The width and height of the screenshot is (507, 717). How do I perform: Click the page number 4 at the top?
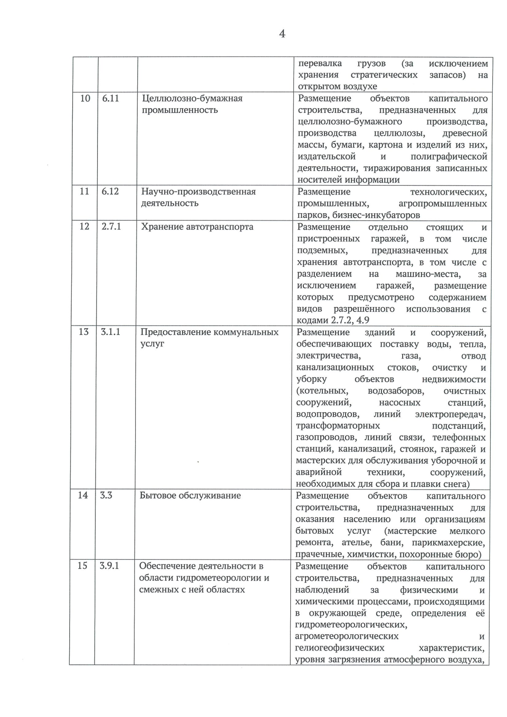282,34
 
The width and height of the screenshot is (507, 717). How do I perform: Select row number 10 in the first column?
85,98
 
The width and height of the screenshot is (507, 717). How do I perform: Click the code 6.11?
111,98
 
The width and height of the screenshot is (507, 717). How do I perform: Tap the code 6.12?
110,191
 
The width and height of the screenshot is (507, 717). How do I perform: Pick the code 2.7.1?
112,226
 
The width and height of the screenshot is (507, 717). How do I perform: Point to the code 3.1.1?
110,332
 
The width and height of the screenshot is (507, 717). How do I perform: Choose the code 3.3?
106,495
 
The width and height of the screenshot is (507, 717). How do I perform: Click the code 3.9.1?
109,565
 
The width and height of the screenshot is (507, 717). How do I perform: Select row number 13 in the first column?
84,332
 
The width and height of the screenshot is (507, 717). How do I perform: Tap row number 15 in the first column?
82,565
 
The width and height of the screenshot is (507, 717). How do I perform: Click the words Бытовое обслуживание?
190,495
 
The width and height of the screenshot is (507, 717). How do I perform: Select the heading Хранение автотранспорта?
197,227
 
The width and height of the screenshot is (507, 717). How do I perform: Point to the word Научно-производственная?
198,192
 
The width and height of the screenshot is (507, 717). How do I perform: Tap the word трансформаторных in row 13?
338,426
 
